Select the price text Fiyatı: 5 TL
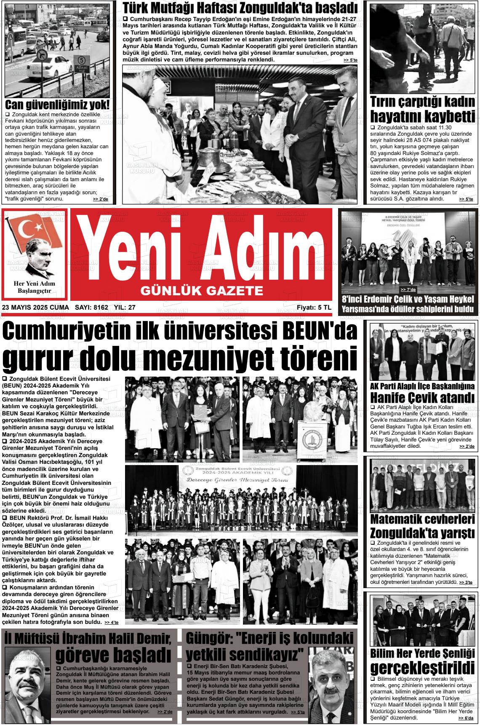pos(314,308)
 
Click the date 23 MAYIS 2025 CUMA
pos(35,308)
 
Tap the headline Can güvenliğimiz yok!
pos(57,105)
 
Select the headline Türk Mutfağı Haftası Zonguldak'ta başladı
pos(240,8)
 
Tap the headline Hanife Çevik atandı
pos(422,397)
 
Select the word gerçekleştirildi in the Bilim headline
pos(422,668)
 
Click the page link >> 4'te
pos(112,622)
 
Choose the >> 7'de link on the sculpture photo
pos(408,290)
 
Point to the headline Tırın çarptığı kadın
pos(422,102)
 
